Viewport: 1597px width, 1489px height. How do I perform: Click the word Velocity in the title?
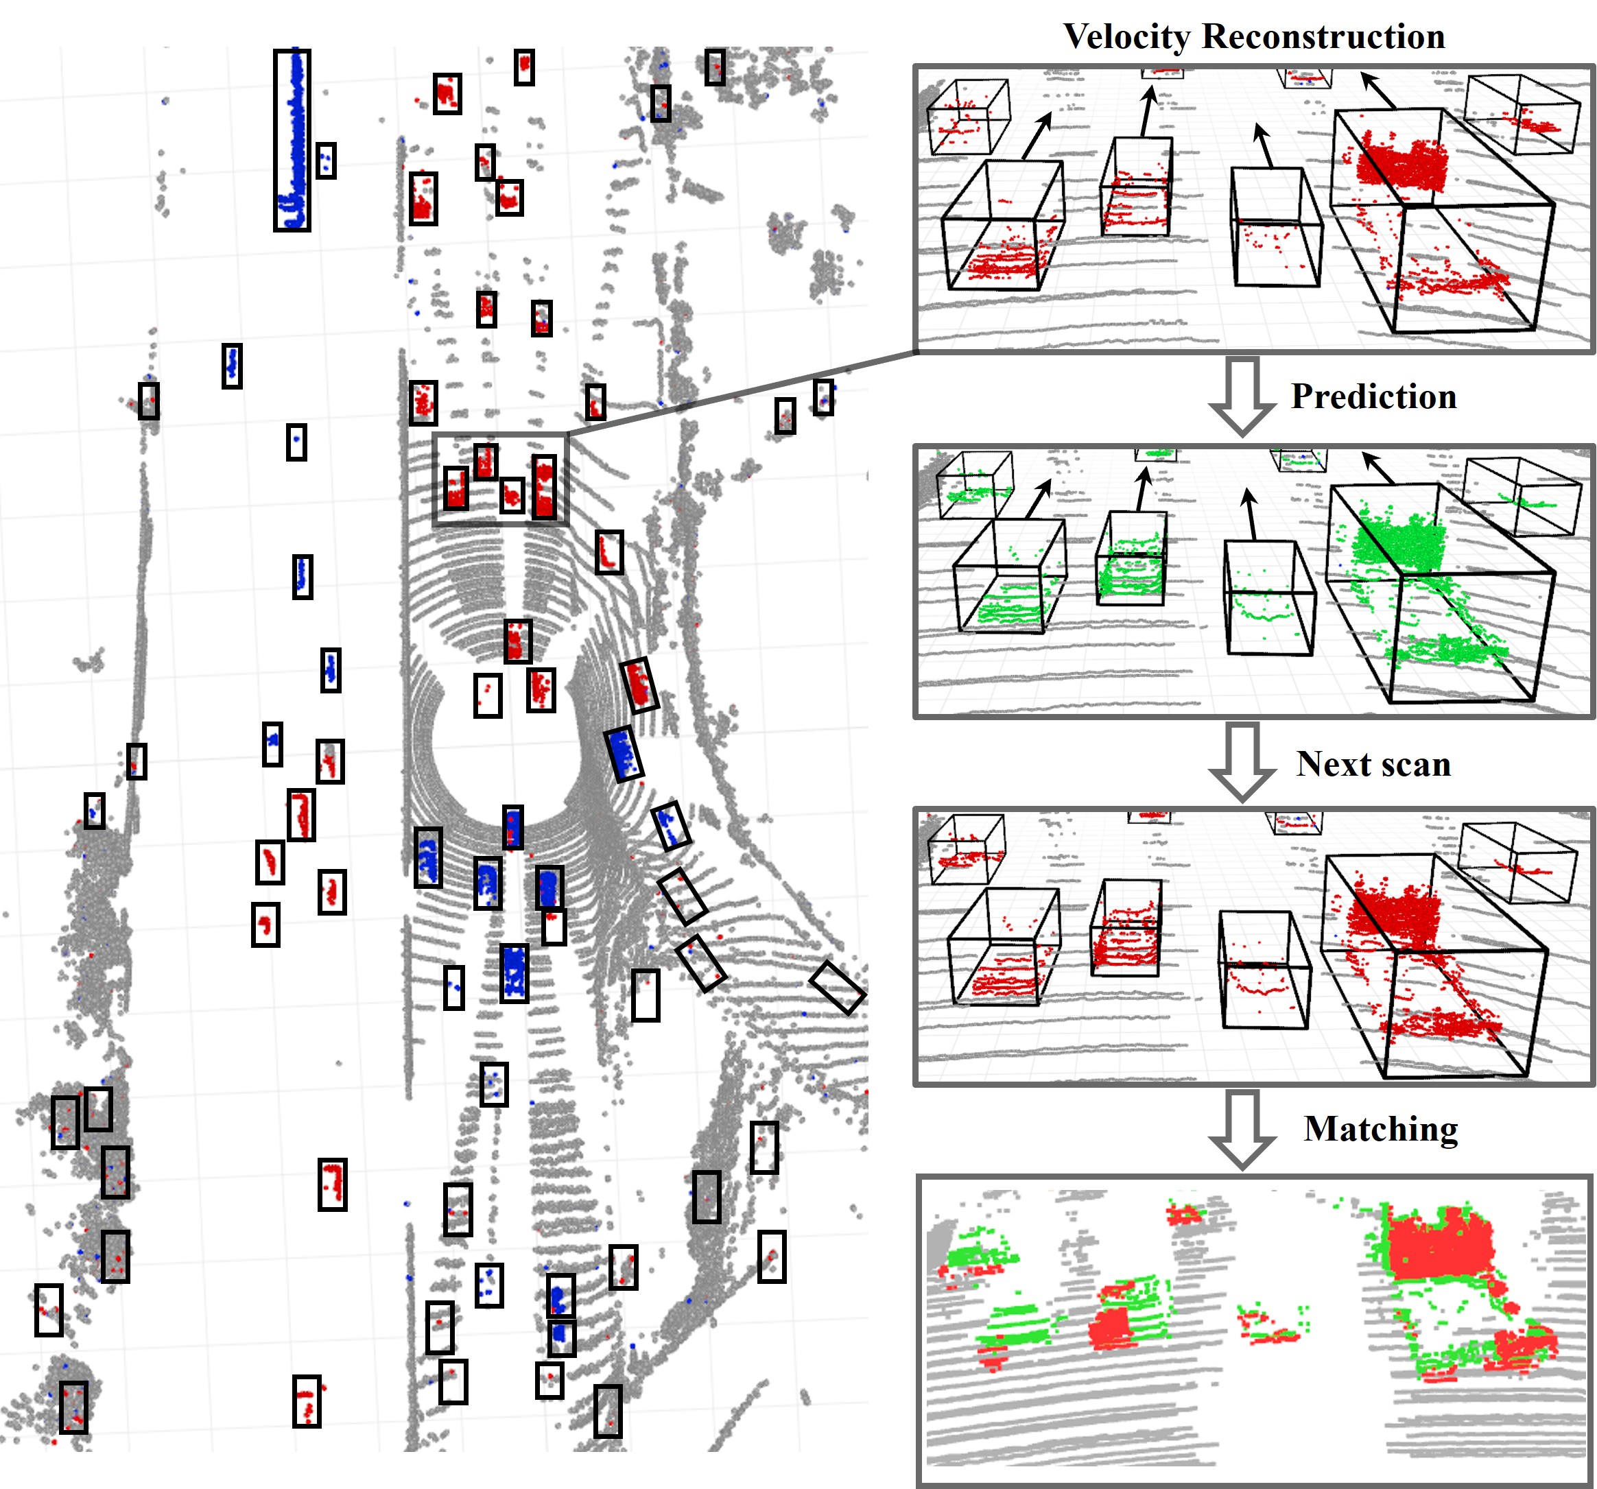click(x=1126, y=37)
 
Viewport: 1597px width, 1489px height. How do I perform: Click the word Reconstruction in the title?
click(x=1323, y=37)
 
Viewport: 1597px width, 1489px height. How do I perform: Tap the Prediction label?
click(x=1373, y=396)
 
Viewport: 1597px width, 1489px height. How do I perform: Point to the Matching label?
click(x=1380, y=1129)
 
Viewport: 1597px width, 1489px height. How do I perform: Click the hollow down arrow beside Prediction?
click(x=1242, y=396)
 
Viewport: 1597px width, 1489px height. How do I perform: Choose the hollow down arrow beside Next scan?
click(x=1242, y=761)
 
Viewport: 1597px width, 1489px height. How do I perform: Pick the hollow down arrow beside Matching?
click(x=1242, y=1128)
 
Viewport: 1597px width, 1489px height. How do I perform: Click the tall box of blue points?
click(x=292, y=141)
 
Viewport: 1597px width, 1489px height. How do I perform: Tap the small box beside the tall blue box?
click(x=325, y=160)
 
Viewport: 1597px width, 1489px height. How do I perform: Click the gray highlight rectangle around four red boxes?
click(x=501, y=479)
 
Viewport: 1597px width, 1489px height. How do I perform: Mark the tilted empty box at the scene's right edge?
click(x=837, y=987)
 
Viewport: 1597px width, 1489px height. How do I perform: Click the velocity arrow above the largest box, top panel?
click(x=1377, y=90)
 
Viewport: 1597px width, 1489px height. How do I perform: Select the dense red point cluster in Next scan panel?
click(x=1394, y=912)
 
